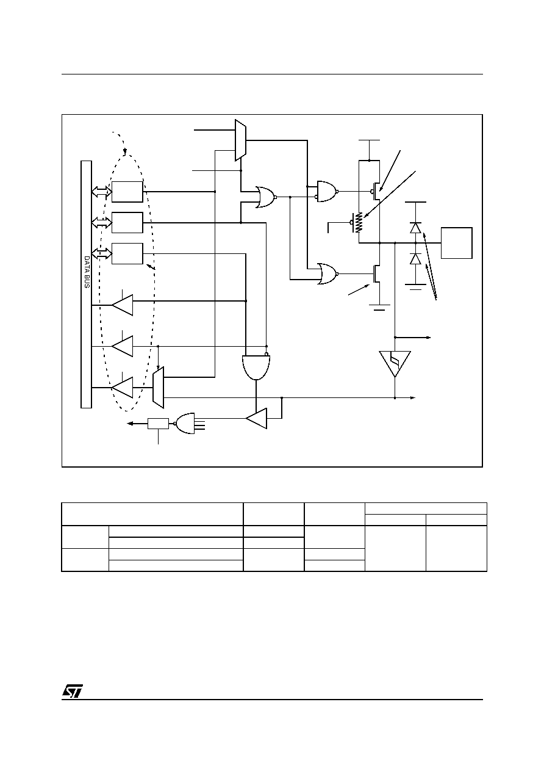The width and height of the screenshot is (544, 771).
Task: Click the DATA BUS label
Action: pos(87,272)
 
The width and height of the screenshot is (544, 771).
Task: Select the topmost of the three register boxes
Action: pos(127,192)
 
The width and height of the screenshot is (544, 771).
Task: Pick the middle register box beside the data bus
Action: pos(127,223)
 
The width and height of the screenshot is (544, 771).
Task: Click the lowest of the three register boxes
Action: pos(127,254)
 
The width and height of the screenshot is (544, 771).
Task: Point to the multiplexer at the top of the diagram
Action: pos(240,140)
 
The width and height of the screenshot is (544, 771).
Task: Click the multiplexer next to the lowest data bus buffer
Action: pos(158,388)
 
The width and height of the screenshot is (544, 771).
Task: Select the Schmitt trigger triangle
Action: pos(395,363)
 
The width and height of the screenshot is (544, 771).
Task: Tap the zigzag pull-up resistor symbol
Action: pos(359,222)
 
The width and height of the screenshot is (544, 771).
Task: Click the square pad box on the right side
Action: pos(457,243)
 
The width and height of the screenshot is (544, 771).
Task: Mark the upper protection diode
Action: pos(416,228)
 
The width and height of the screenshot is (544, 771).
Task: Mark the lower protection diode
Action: pos(416,258)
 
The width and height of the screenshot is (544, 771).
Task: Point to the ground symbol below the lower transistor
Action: pos(379,307)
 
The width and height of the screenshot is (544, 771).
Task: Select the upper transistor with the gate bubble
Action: pos(376,191)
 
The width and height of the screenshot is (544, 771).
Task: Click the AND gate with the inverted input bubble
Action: pos(256,366)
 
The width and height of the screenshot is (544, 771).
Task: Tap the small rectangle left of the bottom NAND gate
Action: pos(158,424)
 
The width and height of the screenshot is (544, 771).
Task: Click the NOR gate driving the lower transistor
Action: pos(328,274)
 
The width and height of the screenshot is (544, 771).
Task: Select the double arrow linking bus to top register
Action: pos(102,192)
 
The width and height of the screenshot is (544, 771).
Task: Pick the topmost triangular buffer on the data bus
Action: pos(123,305)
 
